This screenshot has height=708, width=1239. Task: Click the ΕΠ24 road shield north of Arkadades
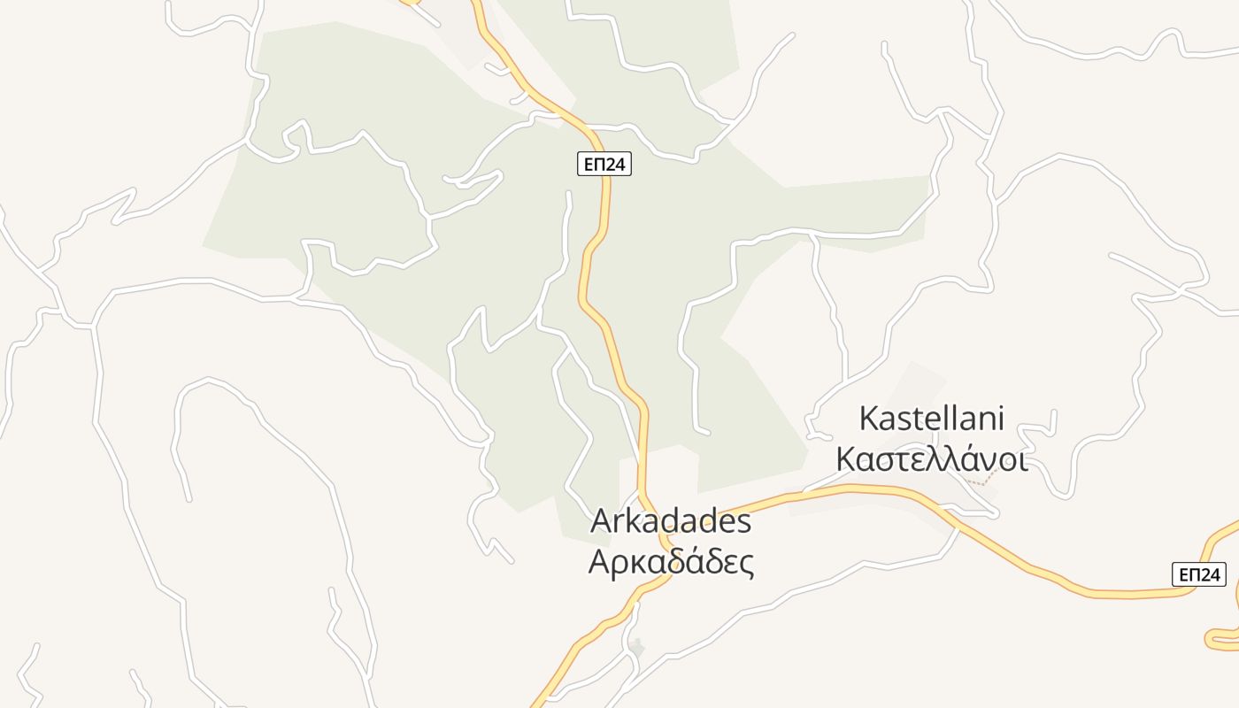604,164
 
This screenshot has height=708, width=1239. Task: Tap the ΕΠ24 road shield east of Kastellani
1199,574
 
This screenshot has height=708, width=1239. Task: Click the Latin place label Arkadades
671,521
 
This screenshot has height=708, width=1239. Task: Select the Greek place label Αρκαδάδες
671,561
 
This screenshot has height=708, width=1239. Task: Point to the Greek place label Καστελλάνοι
932,459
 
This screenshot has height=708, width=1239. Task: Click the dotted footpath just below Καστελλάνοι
979,481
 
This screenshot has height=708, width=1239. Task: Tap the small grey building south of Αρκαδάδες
636,648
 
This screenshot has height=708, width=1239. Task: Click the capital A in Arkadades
601,521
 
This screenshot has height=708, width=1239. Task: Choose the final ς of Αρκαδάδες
746,564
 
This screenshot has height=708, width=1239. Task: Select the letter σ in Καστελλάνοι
885,461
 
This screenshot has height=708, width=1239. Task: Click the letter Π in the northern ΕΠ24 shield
597,164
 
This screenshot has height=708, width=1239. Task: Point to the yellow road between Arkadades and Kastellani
779,497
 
